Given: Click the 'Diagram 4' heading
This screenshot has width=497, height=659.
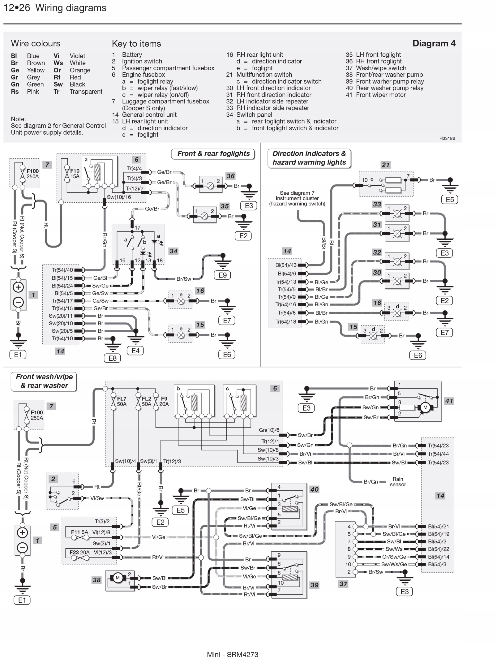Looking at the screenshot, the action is [433, 44].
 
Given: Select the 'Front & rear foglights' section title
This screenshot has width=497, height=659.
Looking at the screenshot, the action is [213, 154].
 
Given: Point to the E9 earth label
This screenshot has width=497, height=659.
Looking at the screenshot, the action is [222, 275].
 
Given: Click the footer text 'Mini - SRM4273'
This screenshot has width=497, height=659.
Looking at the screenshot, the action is [232, 654].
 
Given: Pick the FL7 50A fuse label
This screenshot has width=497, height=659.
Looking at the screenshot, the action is [122, 401].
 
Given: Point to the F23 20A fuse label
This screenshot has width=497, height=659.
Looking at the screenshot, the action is [79, 552].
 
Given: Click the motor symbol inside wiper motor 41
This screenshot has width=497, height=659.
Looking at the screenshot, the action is [425, 407].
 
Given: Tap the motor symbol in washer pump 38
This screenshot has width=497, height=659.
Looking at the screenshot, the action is [118, 578].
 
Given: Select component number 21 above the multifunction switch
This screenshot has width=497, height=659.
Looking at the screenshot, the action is [385, 165].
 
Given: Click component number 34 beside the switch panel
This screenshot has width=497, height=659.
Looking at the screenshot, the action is [173, 251].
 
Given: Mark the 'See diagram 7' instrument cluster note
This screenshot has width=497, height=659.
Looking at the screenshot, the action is [297, 198].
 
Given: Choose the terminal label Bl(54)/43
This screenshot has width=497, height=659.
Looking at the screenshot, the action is [286, 265].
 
